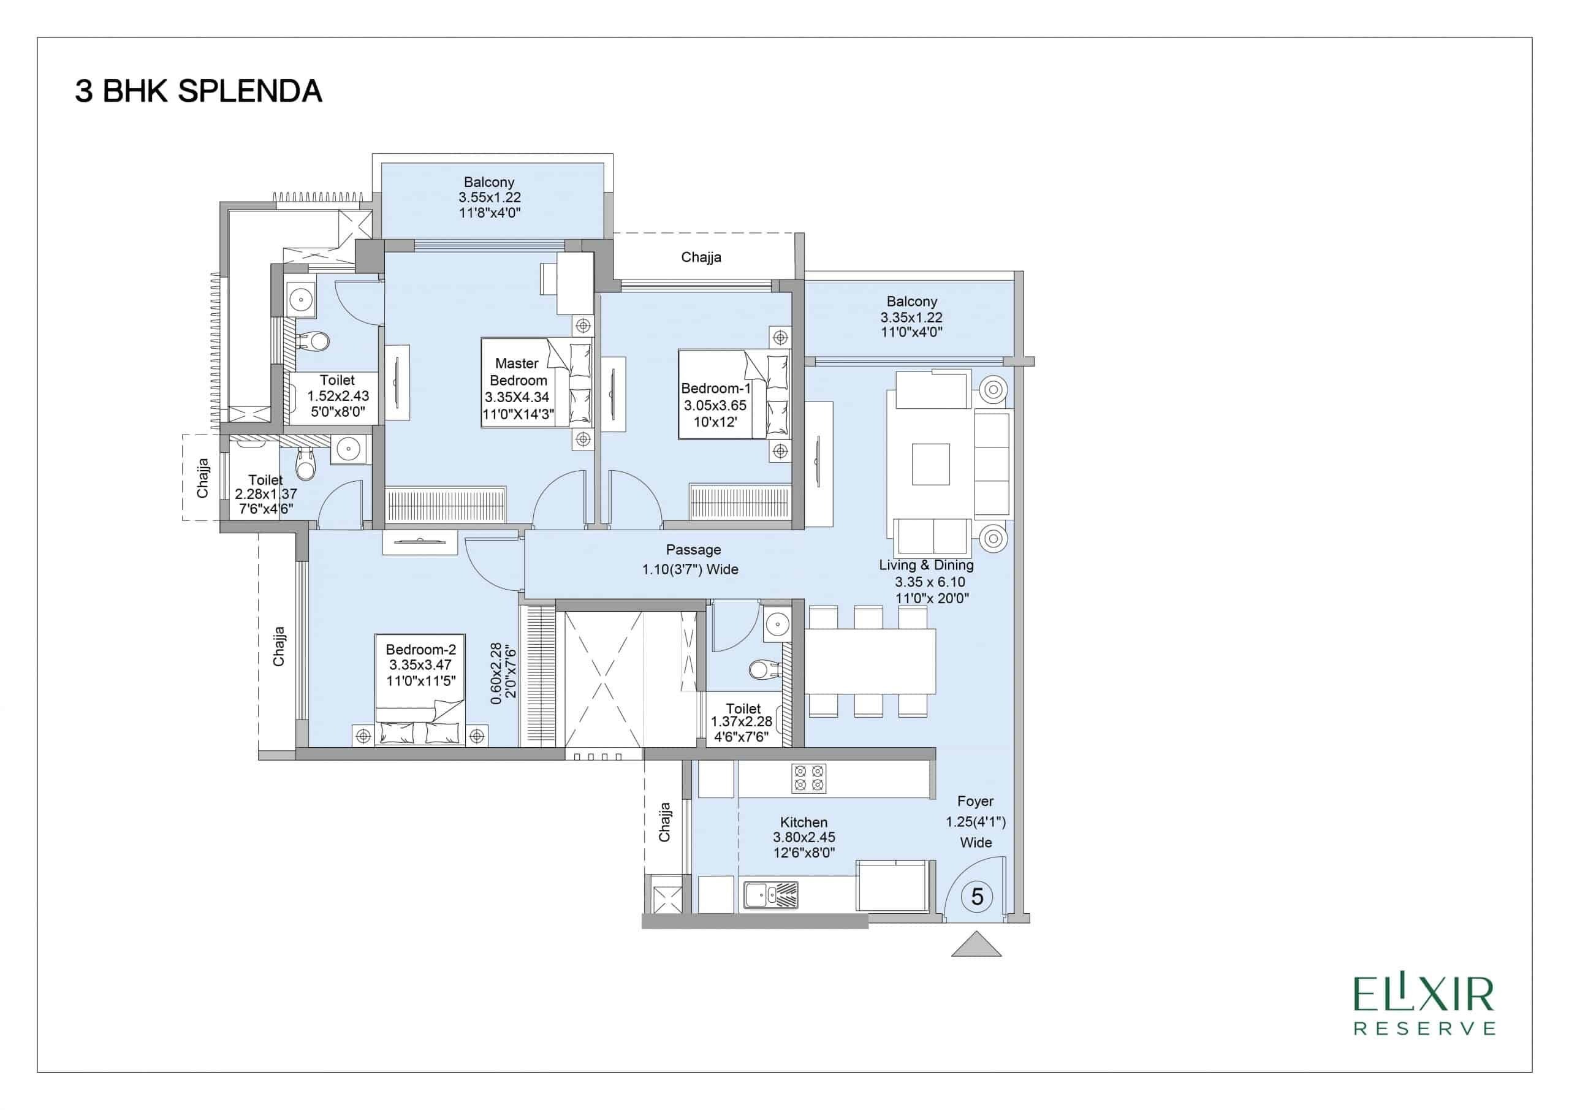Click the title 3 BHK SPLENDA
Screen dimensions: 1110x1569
point(198,91)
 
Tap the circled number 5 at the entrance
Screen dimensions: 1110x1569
point(976,896)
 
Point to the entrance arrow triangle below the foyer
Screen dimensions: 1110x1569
point(976,945)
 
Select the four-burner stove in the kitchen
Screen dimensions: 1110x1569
point(808,778)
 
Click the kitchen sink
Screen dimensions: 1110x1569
point(771,895)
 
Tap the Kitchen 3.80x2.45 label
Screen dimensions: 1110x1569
point(803,837)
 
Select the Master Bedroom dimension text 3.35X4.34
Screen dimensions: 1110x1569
point(517,397)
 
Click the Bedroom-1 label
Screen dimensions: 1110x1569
point(715,388)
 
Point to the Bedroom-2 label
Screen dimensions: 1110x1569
point(420,649)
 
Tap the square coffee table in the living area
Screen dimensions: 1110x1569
point(931,464)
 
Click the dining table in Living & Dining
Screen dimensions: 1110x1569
point(870,661)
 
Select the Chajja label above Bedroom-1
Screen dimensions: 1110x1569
point(701,257)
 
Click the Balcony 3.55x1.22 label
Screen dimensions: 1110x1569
point(489,197)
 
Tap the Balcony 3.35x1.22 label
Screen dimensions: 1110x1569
point(911,317)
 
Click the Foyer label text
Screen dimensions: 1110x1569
point(975,800)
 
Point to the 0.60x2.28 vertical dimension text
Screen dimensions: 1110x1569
point(503,672)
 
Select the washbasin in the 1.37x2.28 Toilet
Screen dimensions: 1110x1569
point(777,623)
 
